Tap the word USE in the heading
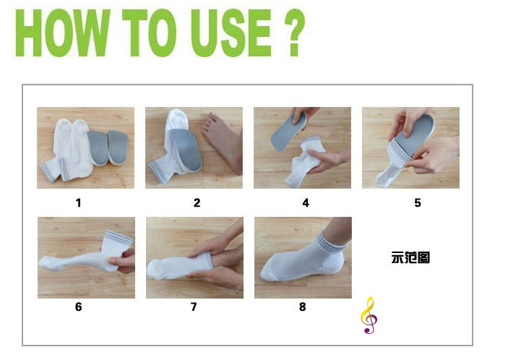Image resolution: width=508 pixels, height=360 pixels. (x=231, y=33)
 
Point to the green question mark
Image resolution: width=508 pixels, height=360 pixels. (x=294, y=33)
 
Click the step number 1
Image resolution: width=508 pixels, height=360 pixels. (x=78, y=203)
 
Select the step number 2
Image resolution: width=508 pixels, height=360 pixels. (x=197, y=203)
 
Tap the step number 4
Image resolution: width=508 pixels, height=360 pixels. (x=306, y=203)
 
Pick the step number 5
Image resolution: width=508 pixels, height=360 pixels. (x=418, y=203)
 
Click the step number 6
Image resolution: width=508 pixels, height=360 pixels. (x=78, y=307)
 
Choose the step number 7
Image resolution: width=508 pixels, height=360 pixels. (x=194, y=307)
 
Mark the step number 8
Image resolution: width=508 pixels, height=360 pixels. (x=302, y=307)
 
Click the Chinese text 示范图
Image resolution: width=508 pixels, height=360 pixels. (x=410, y=257)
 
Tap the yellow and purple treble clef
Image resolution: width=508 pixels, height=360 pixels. (x=369, y=315)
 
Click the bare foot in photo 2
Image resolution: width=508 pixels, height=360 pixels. (x=223, y=141)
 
